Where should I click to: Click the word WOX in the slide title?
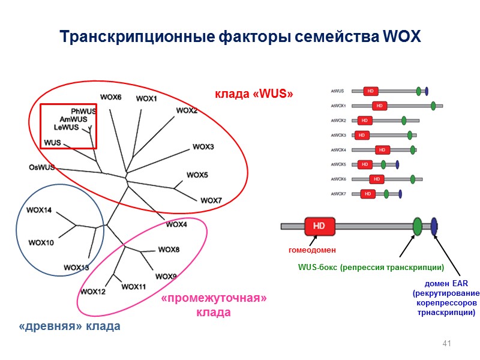pos(401,37)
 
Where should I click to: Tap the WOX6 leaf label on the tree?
pos(110,97)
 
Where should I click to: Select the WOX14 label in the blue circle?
pos(39,211)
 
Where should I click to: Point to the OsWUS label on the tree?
pos(41,167)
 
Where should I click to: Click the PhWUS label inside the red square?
pos(83,112)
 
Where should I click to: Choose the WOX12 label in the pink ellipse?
pos(92,292)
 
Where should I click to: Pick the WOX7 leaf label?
pos(211,200)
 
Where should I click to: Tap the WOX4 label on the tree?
pos(176,224)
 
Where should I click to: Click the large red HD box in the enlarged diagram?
pos(319,226)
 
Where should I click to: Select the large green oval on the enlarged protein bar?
pos(418,226)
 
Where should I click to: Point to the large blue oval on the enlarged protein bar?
pos(434,226)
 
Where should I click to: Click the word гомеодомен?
pos(310,249)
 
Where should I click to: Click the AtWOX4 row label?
pos(338,150)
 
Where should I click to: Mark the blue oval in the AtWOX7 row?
pos(400,193)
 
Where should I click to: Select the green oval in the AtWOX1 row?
pos(433,106)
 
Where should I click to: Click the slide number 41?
pos(446,343)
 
